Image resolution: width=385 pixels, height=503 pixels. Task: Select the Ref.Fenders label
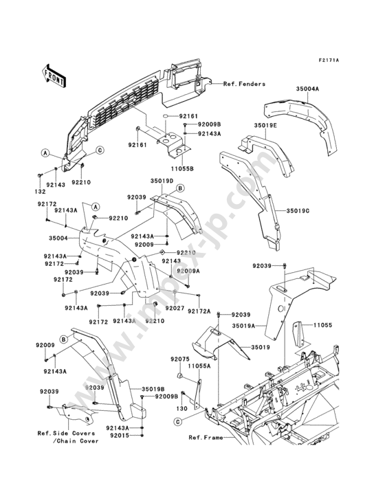pos(245,84)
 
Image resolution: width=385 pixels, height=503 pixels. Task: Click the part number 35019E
pos(265,125)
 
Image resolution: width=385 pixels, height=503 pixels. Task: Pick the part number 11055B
pos(182,168)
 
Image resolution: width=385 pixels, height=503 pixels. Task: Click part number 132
pos(41,192)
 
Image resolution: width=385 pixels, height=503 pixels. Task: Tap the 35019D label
pos(162,181)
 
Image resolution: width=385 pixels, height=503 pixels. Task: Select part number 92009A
pos(188,271)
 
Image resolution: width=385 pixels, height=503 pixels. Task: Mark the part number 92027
pos(175,309)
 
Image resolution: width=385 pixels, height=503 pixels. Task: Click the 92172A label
pos(199,311)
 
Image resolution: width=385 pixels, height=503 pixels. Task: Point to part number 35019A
pos(243,326)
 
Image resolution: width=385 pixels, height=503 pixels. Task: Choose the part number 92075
pos(180,359)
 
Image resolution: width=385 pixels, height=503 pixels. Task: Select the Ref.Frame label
pos(206,438)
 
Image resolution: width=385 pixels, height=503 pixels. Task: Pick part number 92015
pos(120,435)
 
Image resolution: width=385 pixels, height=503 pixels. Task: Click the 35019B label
pos(153,388)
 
